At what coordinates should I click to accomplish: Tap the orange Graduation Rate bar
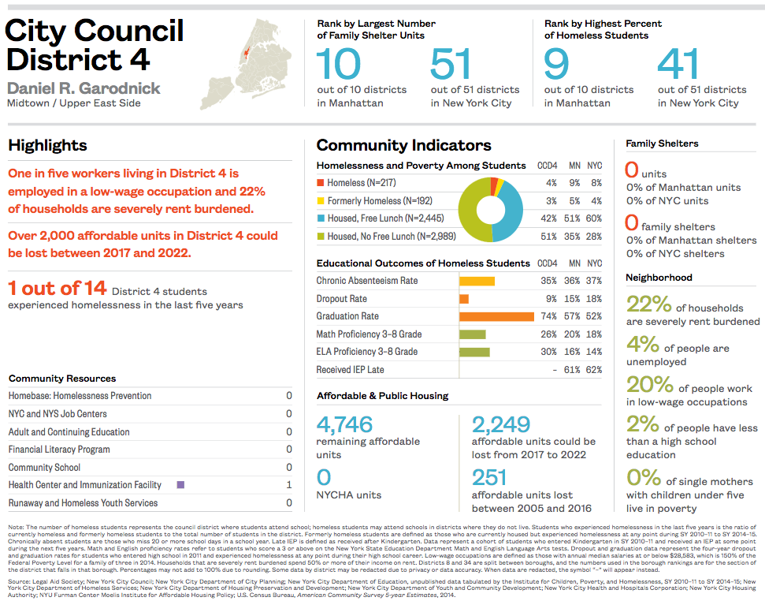[496, 316]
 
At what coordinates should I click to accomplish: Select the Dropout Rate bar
[464, 299]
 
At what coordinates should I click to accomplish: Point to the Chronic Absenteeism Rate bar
[477, 281]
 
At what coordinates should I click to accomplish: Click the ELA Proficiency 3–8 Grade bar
[474, 352]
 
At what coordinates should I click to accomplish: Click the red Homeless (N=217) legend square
[321, 183]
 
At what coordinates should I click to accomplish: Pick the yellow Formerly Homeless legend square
[321, 201]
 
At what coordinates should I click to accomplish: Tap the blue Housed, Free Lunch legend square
[321, 218]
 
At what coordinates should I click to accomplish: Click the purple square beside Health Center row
[180, 485]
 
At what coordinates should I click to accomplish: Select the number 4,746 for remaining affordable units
[344, 424]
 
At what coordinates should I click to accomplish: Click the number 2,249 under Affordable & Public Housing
[500, 424]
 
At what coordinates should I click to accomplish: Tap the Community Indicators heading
[403, 145]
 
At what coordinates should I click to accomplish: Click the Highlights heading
[47, 145]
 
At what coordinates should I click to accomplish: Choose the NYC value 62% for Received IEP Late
[593, 370]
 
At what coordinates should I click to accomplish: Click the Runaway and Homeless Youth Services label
[83, 503]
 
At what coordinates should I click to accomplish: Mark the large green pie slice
[473, 217]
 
